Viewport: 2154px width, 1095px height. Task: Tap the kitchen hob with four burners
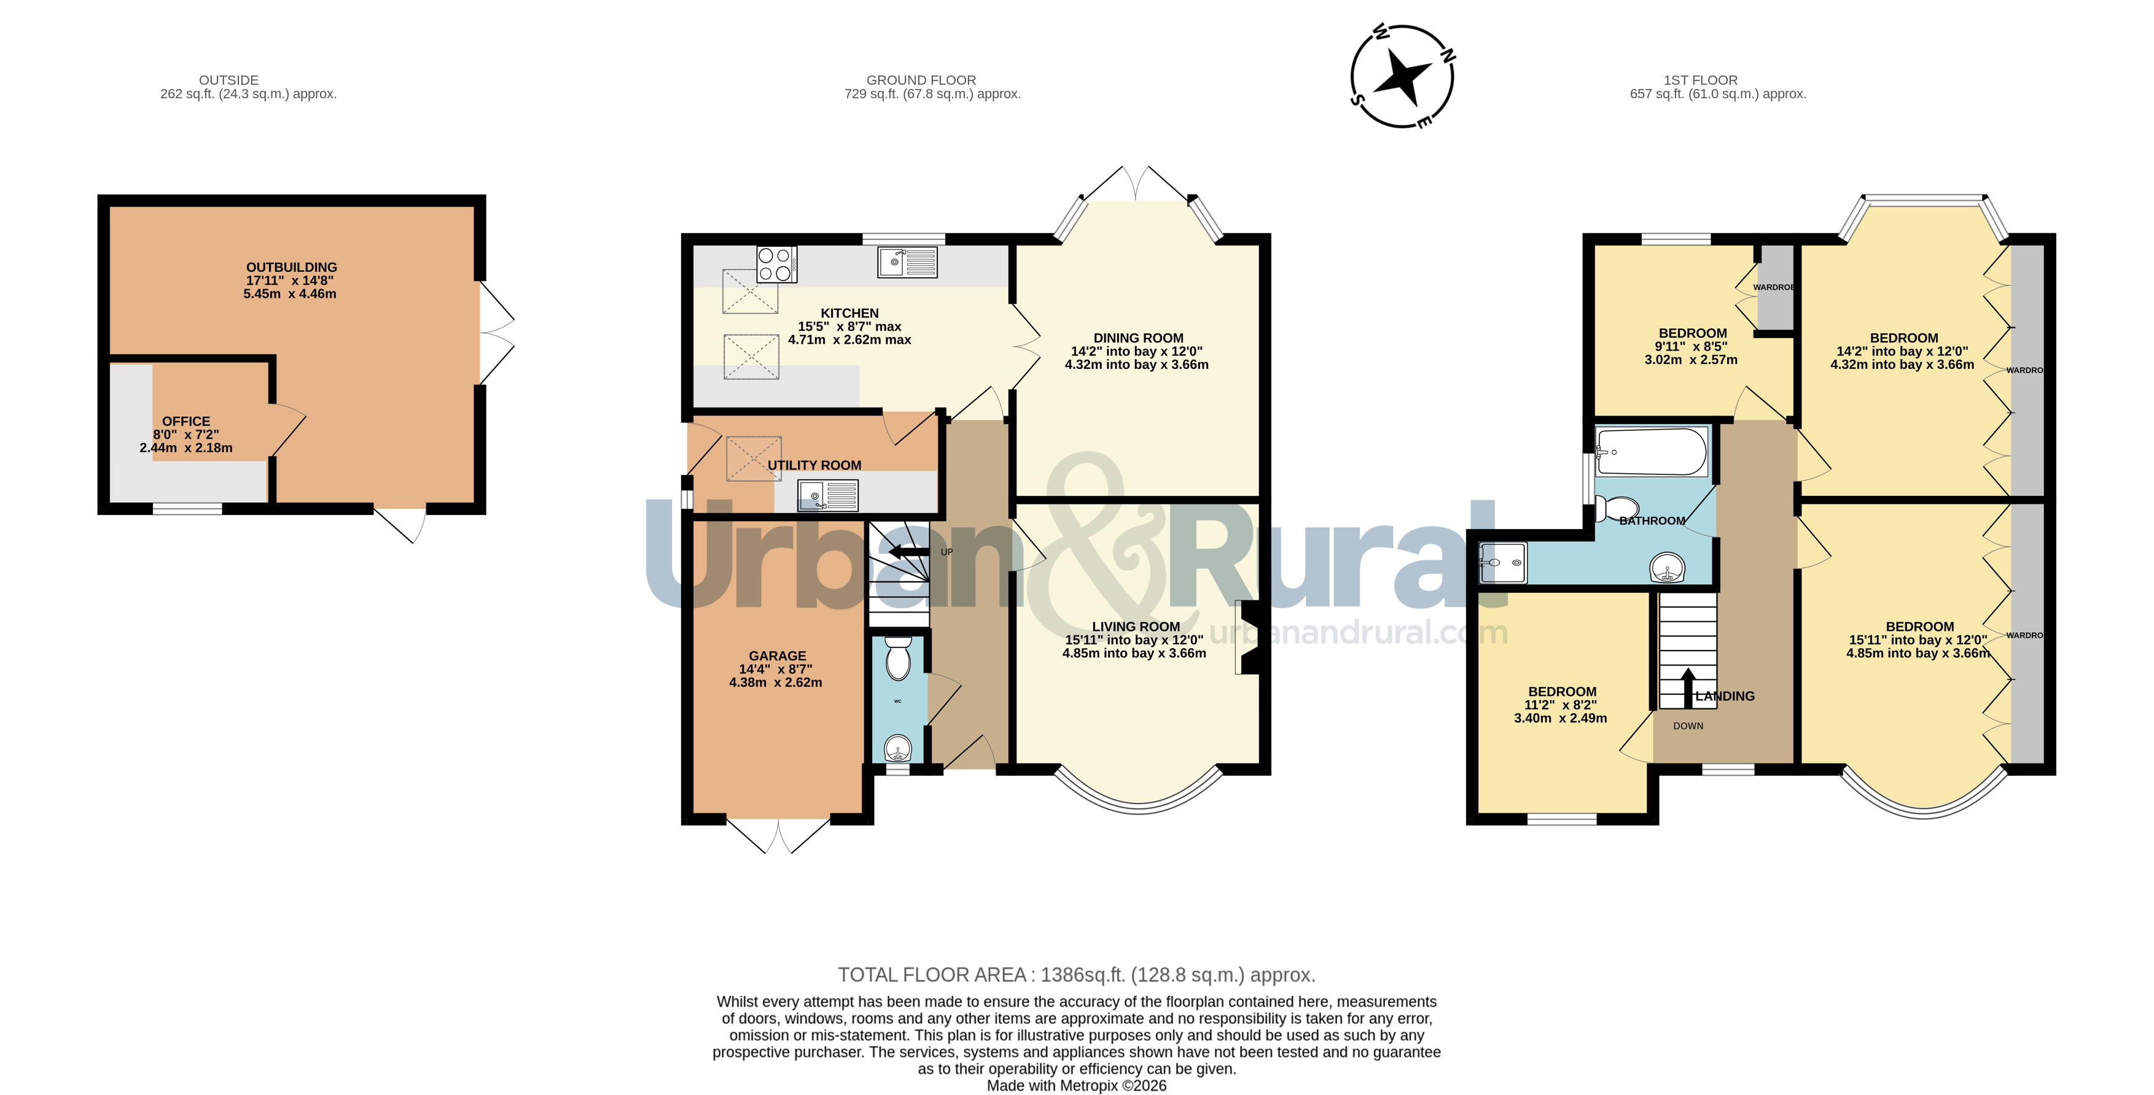[x=776, y=264]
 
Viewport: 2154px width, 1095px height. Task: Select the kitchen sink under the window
[x=907, y=261]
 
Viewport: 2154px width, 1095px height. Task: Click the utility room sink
[x=827, y=496]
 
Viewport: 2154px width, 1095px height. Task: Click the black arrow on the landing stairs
[x=1688, y=687]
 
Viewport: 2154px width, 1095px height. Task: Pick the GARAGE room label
[x=778, y=656]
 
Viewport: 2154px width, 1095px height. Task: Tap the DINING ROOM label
[x=1138, y=338]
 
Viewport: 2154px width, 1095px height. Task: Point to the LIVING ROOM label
[x=1136, y=626]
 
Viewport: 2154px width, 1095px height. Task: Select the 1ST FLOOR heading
[x=1700, y=80]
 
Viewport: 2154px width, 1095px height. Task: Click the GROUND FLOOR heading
[x=921, y=80]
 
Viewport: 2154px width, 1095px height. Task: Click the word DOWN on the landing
[x=1688, y=725]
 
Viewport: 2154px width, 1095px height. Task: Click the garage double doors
[x=778, y=834]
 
